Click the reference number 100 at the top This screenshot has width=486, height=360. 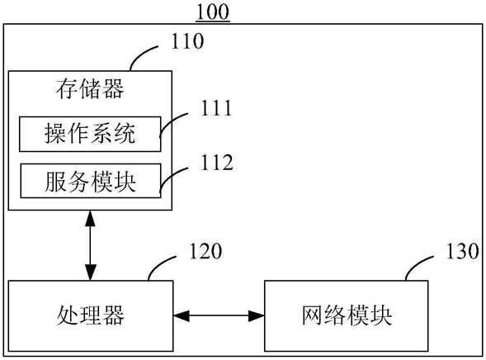click(213, 12)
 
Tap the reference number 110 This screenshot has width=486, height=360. click(187, 41)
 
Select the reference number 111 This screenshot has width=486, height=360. click(216, 108)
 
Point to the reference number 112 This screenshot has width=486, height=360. click(217, 162)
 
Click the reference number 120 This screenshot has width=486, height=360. click(205, 251)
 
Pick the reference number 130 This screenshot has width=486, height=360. click(462, 251)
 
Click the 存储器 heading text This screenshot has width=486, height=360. click(90, 89)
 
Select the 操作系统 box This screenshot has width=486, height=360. click(90, 134)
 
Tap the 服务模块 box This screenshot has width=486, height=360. click(91, 181)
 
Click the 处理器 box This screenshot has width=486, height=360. click(91, 316)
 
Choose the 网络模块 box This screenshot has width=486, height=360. click(347, 316)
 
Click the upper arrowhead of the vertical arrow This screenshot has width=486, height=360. click(90, 218)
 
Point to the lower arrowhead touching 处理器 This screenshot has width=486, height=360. click(90, 272)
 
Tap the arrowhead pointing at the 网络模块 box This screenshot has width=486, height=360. click(257, 316)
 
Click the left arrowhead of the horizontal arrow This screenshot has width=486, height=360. click(181, 316)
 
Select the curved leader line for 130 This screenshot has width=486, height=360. click(418, 265)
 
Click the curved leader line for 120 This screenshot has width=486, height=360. click(160, 265)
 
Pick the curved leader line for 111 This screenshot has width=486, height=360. click(171, 122)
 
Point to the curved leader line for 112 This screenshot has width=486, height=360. click(171, 177)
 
